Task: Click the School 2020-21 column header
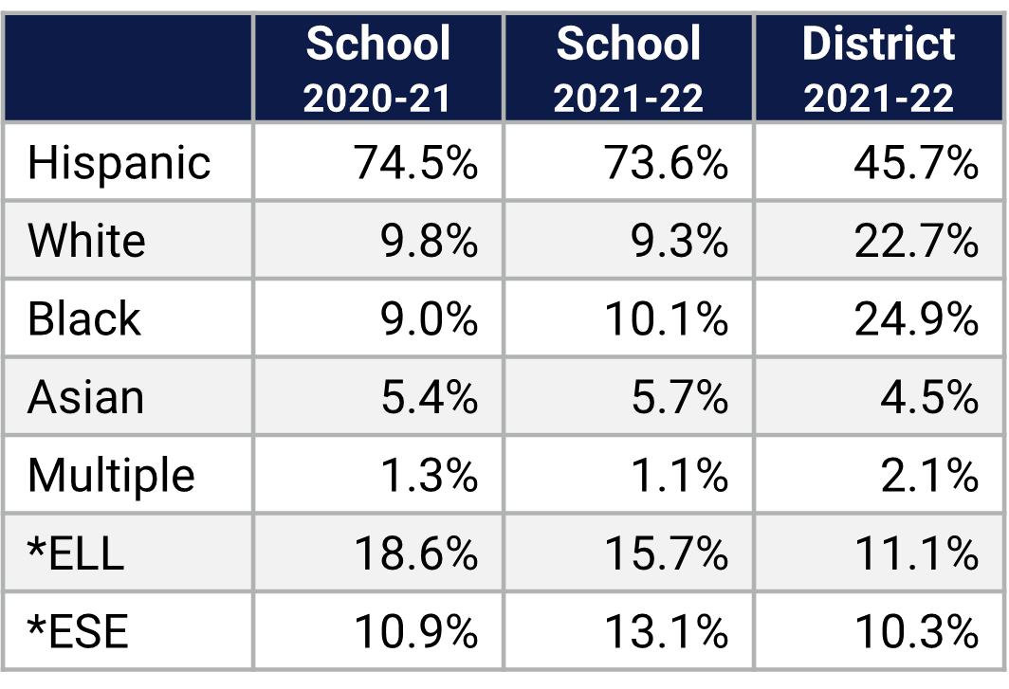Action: [378, 69]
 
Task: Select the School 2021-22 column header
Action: [629, 69]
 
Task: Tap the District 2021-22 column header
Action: [879, 69]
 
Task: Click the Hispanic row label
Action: [119, 163]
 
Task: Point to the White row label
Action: [87, 241]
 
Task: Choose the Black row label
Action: [84, 319]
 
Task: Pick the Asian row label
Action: [86, 397]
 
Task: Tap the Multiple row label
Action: [111, 476]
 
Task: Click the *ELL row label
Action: [76, 553]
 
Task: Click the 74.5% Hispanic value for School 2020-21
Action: [416, 163]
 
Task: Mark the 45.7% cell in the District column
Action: [916, 163]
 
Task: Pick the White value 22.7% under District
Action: [916, 241]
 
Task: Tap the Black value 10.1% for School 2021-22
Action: [667, 319]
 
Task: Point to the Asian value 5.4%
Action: [430, 397]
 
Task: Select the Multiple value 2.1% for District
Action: [929, 476]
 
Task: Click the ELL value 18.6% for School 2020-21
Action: [416, 553]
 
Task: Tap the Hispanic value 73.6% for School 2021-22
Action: [667, 163]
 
